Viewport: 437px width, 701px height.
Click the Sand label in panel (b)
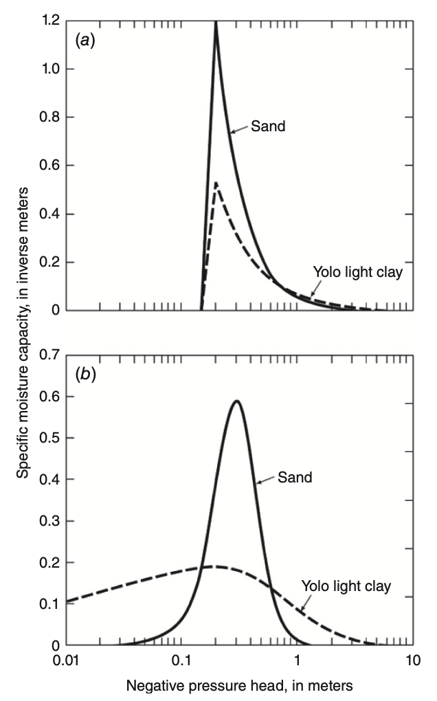pos(295,477)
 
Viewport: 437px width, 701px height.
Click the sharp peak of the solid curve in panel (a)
pos(216,22)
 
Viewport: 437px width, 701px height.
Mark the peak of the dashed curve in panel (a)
pos(216,183)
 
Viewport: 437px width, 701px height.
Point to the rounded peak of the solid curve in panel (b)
pos(236,401)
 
